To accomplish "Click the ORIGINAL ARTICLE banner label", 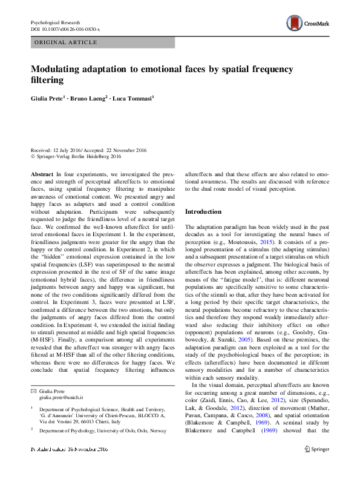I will click(x=67, y=42).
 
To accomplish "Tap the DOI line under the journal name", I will click(x=65, y=28).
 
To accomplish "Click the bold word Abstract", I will click(x=42, y=173).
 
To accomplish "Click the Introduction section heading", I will click(x=203, y=212).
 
